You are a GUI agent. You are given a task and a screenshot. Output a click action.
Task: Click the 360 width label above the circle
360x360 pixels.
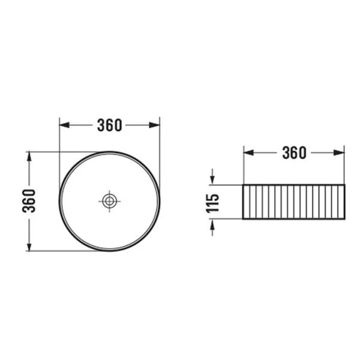click(109, 125)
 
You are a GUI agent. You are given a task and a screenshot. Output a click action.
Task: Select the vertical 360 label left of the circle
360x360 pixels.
click(29, 201)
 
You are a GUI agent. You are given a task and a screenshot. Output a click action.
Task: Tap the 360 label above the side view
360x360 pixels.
click(294, 153)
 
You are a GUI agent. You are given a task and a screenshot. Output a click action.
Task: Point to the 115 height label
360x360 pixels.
click(211, 202)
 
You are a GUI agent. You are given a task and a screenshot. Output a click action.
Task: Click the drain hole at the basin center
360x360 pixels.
click(109, 201)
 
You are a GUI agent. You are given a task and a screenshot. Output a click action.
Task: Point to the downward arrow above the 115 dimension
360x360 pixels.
click(211, 178)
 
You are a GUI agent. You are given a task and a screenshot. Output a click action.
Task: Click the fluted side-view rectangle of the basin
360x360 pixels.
click(294, 202)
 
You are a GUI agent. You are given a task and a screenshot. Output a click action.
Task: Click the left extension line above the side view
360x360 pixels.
click(243, 165)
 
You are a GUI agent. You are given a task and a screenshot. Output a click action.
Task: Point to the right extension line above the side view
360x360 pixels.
click(344, 165)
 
